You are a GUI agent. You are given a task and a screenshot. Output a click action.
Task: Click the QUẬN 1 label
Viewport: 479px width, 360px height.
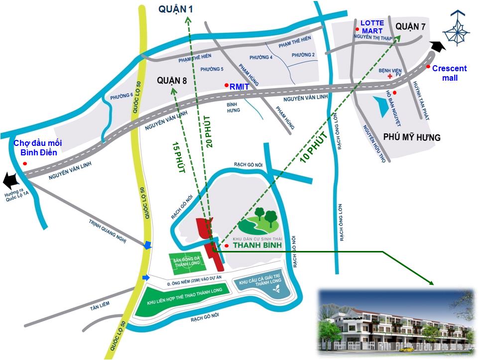point(175,8)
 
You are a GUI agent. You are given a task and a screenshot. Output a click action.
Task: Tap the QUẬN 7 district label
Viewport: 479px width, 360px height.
point(410,26)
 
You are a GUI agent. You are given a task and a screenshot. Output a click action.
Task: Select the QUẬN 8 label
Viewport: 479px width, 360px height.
point(171,80)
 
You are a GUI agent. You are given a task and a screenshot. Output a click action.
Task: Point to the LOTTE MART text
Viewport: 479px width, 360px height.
point(372,27)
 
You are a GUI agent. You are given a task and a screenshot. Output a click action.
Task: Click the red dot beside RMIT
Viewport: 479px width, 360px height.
point(227,86)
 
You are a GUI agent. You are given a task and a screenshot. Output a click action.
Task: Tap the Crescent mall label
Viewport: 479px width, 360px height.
point(449,73)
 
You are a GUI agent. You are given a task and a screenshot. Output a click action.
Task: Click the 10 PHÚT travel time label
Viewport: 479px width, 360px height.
point(314,147)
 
